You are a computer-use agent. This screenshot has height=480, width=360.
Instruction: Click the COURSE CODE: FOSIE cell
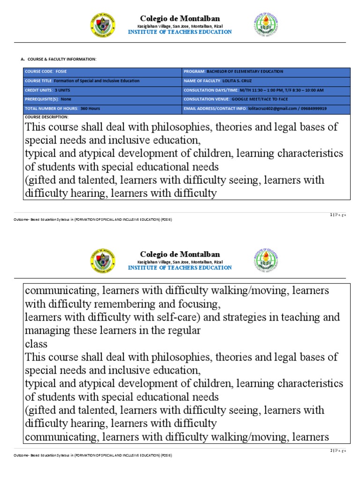[102, 71]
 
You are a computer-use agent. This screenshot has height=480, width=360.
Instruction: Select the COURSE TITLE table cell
[102, 81]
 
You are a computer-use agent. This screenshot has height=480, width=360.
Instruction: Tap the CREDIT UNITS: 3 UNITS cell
[102, 90]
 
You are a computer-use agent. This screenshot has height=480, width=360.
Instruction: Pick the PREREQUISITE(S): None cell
[102, 99]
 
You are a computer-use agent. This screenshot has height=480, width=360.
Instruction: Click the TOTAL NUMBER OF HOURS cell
[102, 108]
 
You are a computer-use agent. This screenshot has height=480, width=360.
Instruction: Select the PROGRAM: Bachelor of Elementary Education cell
[265, 71]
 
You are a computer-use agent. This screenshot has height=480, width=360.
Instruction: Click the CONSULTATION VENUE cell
[265, 99]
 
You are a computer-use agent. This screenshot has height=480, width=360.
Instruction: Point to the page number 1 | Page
[337, 215]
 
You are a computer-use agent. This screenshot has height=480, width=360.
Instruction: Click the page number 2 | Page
[337, 450]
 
